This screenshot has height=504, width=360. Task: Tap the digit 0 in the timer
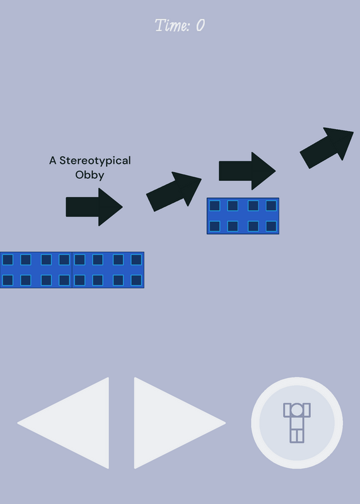(200, 25)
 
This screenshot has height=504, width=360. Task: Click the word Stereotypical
(95, 161)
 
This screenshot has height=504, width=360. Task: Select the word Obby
(90, 175)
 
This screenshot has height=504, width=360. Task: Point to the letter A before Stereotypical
(52, 161)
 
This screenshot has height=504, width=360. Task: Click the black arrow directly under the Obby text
(95, 207)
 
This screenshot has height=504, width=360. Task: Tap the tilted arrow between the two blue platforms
(174, 192)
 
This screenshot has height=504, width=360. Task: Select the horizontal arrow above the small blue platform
(247, 171)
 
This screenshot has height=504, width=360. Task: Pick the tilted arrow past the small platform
(327, 148)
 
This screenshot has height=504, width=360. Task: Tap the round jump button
(296, 423)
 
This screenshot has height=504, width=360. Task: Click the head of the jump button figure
(296, 409)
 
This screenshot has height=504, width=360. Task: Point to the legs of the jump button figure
(296, 435)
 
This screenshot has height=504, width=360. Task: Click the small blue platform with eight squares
(243, 216)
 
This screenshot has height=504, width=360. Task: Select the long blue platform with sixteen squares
(72, 270)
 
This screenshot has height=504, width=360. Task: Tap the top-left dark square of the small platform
(214, 206)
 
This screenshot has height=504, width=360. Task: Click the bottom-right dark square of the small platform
(271, 226)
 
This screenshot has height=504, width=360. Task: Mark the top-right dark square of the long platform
(136, 260)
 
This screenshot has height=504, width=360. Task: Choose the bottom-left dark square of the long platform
(8, 280)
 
